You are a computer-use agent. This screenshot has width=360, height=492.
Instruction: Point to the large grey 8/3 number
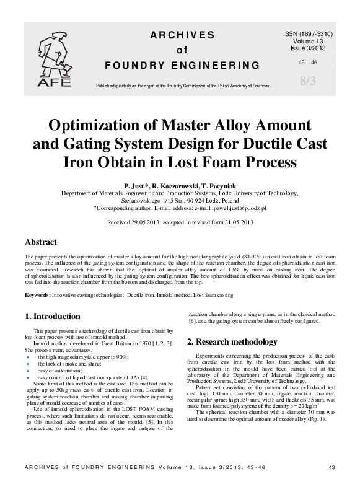(307, 80)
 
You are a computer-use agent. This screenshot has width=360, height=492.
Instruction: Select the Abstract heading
(41, 242)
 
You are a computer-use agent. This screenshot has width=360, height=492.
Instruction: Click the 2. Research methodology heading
(232, 341)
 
